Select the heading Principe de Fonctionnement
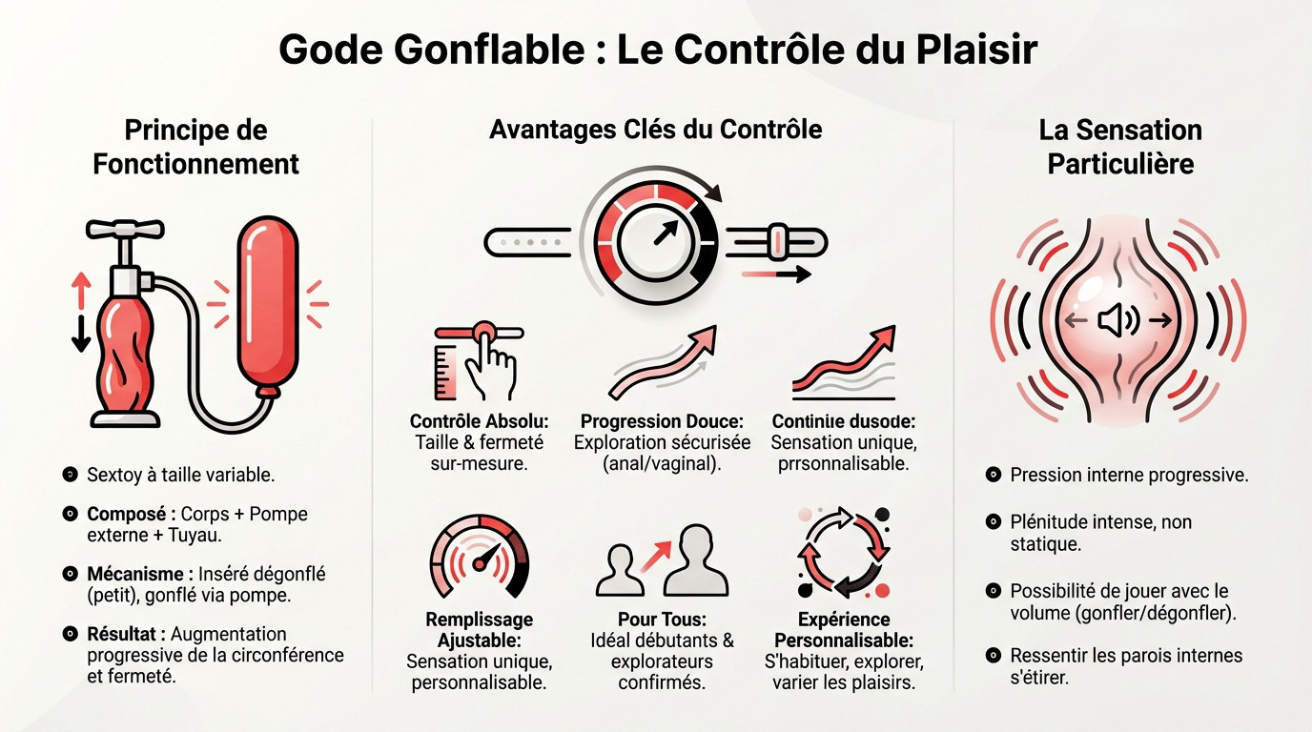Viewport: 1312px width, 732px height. (x=195, y=147)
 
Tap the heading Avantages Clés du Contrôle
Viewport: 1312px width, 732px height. (x=655, y=129)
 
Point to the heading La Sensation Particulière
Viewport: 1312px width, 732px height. (x=1120, y=147)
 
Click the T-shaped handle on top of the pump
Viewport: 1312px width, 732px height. (x=125, y=231)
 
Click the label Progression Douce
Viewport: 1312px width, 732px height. (x=661, y=421)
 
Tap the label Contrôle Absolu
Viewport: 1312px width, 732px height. (x=479, y=421)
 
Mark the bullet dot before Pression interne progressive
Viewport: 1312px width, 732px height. (x=993, y=475)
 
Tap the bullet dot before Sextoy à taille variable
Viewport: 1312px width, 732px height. (x=69, y=474)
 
